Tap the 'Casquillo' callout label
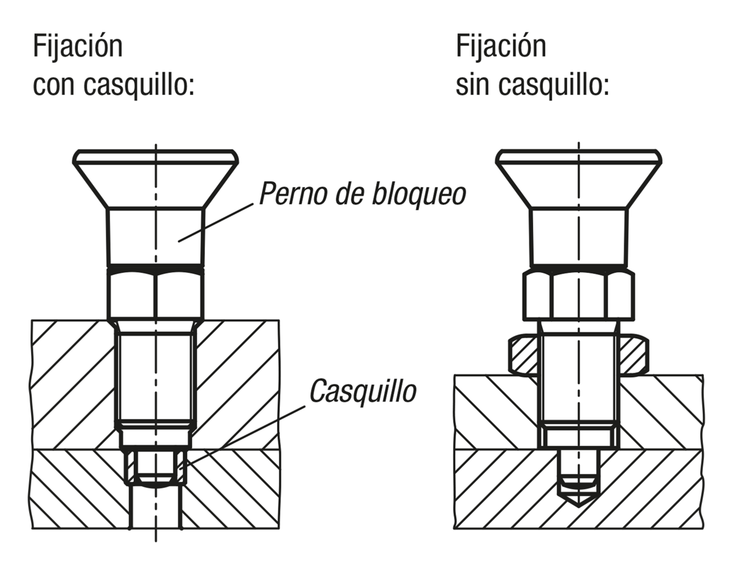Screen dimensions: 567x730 (x=363, y=391)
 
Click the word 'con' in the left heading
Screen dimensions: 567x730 (x=54, y=86)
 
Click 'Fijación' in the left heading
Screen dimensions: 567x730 (x=77, y=47)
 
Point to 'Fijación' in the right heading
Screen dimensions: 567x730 (x=500, y=47)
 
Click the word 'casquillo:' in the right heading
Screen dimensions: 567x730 (x=553, y=86)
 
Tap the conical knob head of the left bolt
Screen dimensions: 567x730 (x=155, y=179)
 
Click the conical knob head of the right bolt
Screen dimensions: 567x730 (x=578, y=179)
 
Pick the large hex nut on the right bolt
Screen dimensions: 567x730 (x=578, y=296)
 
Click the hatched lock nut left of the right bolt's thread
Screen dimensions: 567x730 (x=523, y=354)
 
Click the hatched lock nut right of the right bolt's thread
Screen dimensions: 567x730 (x=633, y=354)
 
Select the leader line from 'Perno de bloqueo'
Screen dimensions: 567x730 (x=216, y=221)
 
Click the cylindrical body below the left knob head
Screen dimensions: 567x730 (x=155, y=237)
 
